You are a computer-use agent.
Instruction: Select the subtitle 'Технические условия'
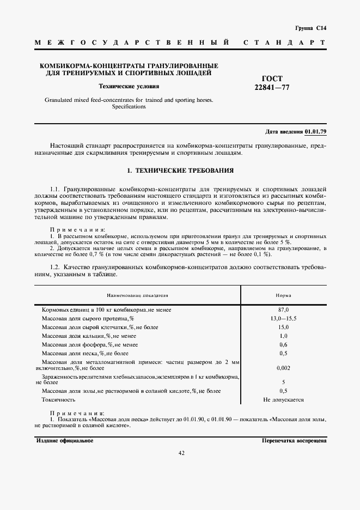[129, 87]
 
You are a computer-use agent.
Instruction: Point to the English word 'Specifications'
[129, 107]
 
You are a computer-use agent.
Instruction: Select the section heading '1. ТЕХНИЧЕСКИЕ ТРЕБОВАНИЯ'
[180, 171]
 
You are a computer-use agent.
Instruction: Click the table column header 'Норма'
[283, 295]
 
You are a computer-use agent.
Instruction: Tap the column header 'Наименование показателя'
[137, 295]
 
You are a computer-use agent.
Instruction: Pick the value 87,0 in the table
[283, 309]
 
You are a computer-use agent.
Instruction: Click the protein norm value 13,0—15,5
[283, 318]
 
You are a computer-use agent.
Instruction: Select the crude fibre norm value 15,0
[283, 327]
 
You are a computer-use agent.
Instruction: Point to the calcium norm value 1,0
[283, 336]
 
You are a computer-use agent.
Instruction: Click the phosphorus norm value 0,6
[283, 344]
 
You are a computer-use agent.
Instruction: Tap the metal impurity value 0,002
[283, 368]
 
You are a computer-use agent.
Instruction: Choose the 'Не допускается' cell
[283, 399]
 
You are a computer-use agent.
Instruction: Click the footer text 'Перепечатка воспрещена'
[294, 440]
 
